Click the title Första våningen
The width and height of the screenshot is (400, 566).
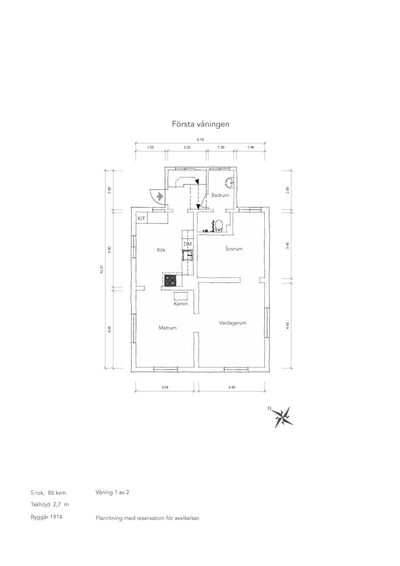click(x=200, y=124)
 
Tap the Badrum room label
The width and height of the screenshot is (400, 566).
click(x=220, y=195)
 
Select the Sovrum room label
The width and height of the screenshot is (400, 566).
click(x=233, y=248)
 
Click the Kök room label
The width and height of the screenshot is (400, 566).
click(x=161, y=250)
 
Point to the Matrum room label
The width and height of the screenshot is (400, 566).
click(x=167, y=328)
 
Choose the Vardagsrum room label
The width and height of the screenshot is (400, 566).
click(x=232, y=322)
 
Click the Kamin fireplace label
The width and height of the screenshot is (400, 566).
click(x=180, y=304)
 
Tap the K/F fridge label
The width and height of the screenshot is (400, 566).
click(x=141, y=218)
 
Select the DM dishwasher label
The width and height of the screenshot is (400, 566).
click(x=187, y=244)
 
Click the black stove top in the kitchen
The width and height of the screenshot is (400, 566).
click(x=171, y=280)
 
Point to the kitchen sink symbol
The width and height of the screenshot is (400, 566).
click(x=187, y=255)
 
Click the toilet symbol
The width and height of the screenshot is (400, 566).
click(x=219, y=225)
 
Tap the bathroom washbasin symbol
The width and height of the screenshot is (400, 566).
click(x=229, y=182)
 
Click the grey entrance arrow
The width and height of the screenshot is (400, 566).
click(x=160, y=196)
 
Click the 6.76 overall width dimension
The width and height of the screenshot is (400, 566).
click(x=199, y=139)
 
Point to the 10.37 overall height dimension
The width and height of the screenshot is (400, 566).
click(x=102, y=269)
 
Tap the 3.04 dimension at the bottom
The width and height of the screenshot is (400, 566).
click(x=165, y=387)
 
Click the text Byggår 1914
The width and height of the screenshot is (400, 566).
click(x=46, y=517)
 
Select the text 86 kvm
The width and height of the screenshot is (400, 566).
click(x=56, y=492)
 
